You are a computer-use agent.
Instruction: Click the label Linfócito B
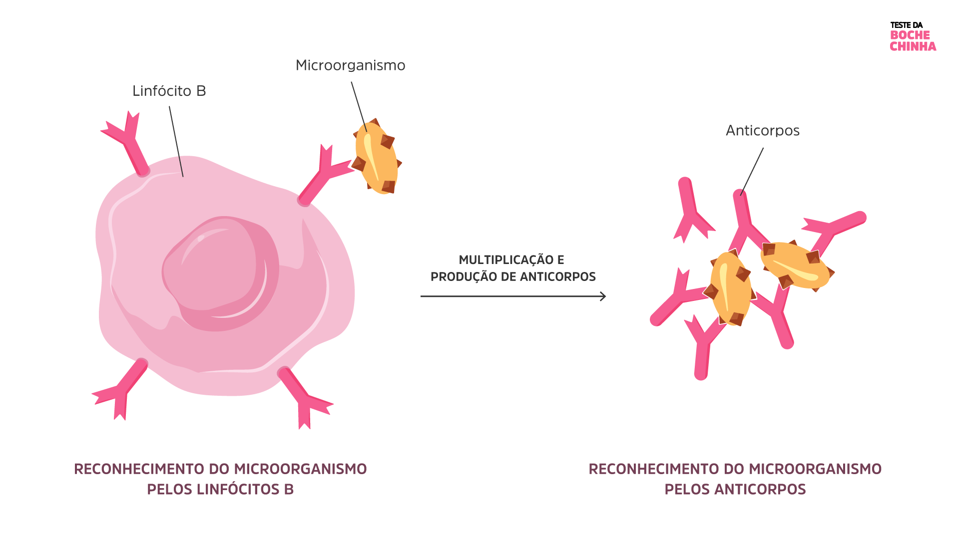(x=169, y=91)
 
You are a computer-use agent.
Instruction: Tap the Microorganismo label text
(x=350, y=65)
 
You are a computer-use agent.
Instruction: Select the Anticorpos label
(x=762, y=131)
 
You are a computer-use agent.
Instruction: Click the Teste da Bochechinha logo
(x=913, y=36)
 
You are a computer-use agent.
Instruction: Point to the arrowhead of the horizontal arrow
(x=603, y=296)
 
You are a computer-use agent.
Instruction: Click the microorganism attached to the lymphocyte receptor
(x=376, y=157)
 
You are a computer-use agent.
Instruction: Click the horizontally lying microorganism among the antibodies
(x=795, y=266)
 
